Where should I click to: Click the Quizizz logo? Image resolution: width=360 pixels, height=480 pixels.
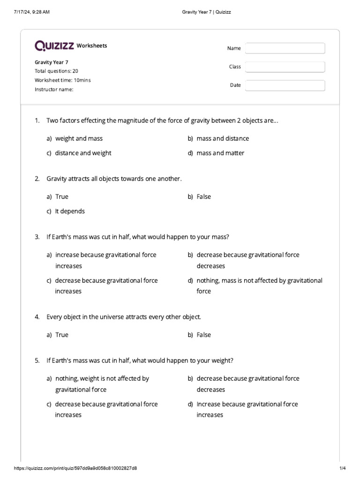click(x=54, y=45)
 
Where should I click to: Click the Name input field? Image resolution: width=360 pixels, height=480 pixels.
click(x=285, y=48)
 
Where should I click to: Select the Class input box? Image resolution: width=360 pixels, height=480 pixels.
click(x=285, y=67)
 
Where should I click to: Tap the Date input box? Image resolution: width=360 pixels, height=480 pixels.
click(x=285, y=85)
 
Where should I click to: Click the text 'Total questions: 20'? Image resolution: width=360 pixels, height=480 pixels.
click(x=56, y=71)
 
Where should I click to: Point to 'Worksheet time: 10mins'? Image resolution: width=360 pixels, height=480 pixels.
click(x=63, y=80)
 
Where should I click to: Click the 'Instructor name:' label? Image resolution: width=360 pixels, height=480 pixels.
click(x=54, y=90)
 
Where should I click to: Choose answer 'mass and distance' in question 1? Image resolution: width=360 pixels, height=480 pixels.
click(x=223, y=139)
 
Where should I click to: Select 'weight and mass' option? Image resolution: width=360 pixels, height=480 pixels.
click(x=79, y=139)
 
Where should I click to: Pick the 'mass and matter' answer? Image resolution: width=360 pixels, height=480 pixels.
click(x=220, y=153)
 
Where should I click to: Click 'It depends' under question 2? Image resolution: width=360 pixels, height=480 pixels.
click(x=70, y=211)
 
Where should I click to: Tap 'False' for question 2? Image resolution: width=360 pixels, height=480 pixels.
click(x=204, y=197)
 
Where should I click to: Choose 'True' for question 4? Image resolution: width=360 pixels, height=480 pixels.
click(x=62, y=335)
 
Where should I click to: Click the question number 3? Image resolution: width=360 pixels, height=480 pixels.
click(x=37, y=237)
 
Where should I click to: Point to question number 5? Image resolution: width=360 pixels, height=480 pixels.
click(x=37, y=361)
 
